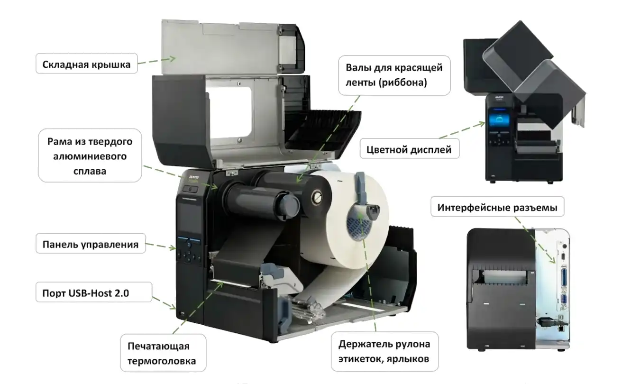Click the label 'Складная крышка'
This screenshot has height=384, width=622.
click(x=86, y=64)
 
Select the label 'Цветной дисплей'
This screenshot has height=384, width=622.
click(x=409, y=150)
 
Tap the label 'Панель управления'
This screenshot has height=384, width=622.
click(x=90, y=244)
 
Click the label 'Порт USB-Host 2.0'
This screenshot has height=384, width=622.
click(x=85, y=293)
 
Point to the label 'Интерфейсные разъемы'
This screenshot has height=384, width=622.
click(x=497, y=208)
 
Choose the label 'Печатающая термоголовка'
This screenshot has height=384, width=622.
click(x=162, y=354)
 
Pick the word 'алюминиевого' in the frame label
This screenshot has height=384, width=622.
click(x=90, y=156)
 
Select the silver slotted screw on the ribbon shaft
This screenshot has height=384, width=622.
click(x=317, y=197)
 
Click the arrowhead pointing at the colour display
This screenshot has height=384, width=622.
click(x=482, y=124)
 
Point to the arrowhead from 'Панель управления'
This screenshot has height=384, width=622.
click(x=173, y=247)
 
